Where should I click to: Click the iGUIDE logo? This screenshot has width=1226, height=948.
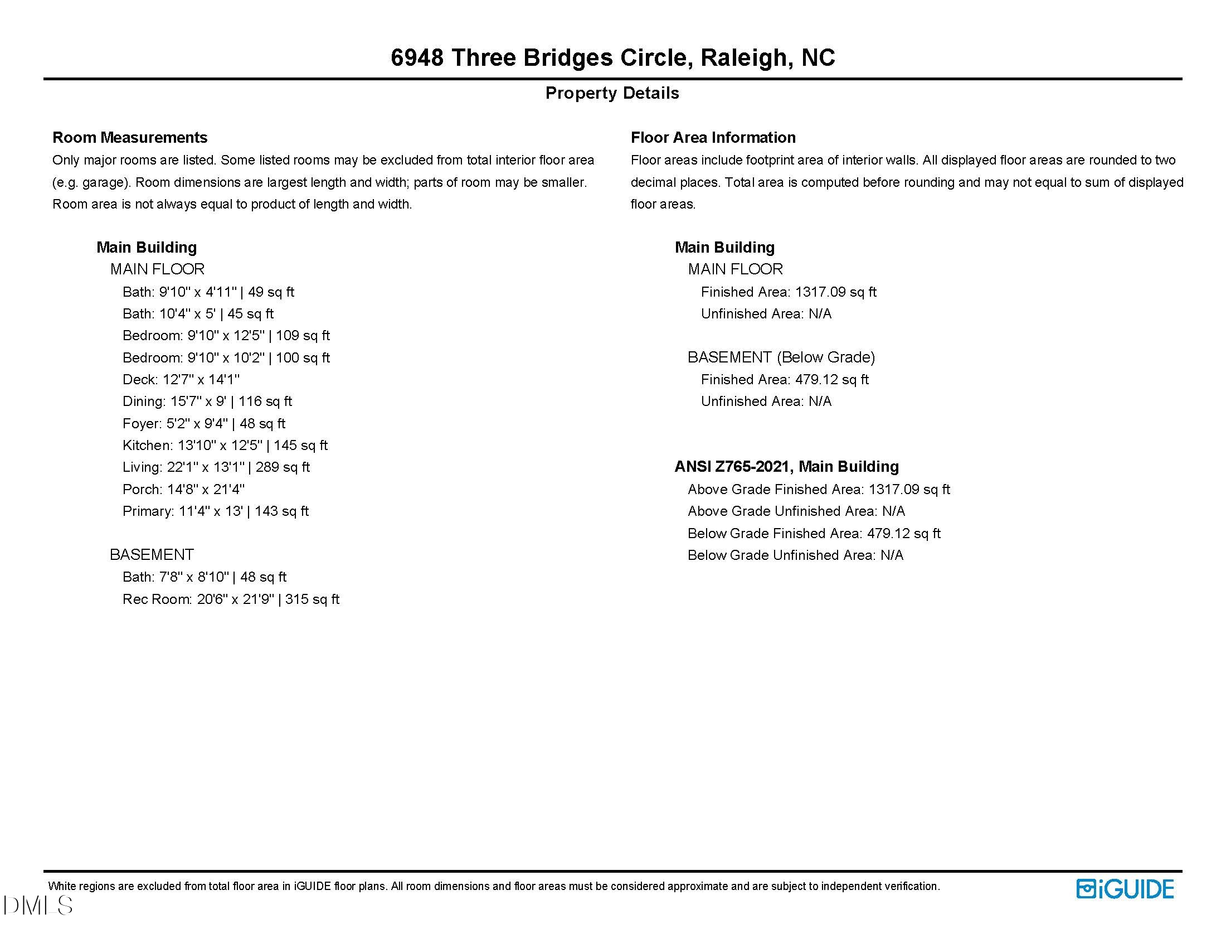tap(1125, 889)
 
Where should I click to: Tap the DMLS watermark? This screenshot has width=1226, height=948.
tap(37, 905)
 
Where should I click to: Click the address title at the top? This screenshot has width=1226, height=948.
tap(612, 57)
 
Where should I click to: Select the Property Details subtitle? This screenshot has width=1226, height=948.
tap(612, 93)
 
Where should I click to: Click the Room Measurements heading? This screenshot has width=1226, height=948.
tap(130, 137)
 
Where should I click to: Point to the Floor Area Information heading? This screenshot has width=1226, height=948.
tap(713, 137)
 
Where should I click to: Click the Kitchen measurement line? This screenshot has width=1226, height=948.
tap(225, 446)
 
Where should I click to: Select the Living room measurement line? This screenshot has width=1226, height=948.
tap(216, 467)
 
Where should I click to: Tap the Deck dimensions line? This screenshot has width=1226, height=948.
tap(181, 380)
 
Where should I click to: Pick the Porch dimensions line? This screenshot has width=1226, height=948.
tap(183, 489)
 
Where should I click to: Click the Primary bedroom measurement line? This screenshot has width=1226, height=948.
tap(216, 511)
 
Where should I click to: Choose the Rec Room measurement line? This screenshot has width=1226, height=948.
tap(231, 599)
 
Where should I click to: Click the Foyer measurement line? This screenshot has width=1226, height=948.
tap(204, 423)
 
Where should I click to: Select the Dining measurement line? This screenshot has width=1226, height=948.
tap(207, 402)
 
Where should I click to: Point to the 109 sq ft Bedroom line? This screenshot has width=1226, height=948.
tap(226, 336)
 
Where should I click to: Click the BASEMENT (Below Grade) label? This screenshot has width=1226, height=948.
tap(781, 357)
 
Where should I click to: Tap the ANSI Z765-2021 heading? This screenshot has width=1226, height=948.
tap(786, 467)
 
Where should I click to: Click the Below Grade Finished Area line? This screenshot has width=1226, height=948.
tap(814, 533)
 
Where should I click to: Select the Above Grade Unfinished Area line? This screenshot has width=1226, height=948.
tap(796, 511)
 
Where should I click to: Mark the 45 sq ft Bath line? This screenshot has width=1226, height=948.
tap(198, 314)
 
